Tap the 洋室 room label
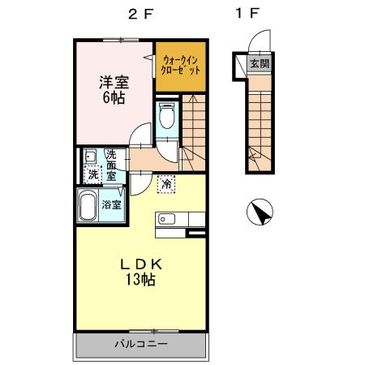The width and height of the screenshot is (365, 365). tap(114, 82)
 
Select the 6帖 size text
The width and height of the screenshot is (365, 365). tap(114, 98)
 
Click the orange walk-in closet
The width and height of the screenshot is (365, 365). tap(178, 65)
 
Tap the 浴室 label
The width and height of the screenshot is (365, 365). tap(113, 204)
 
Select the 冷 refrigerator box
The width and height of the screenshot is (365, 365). tap(166, 185)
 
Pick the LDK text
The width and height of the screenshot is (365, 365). tap(143, 264)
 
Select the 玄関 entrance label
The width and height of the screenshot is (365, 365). tap(259, 63)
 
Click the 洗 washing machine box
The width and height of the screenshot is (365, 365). tap(93, 174)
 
